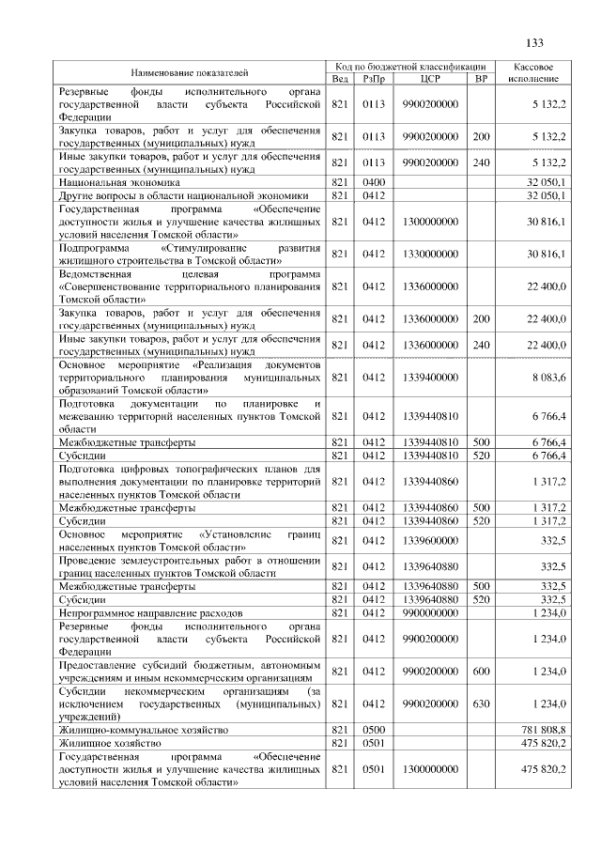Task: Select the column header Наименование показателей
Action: tap(190, 72)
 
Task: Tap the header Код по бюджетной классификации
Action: tap(410, 67)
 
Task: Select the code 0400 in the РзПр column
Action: tap(374, 180)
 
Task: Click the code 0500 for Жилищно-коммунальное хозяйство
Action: tap(374, 730)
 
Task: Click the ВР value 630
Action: tap(481, 703)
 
